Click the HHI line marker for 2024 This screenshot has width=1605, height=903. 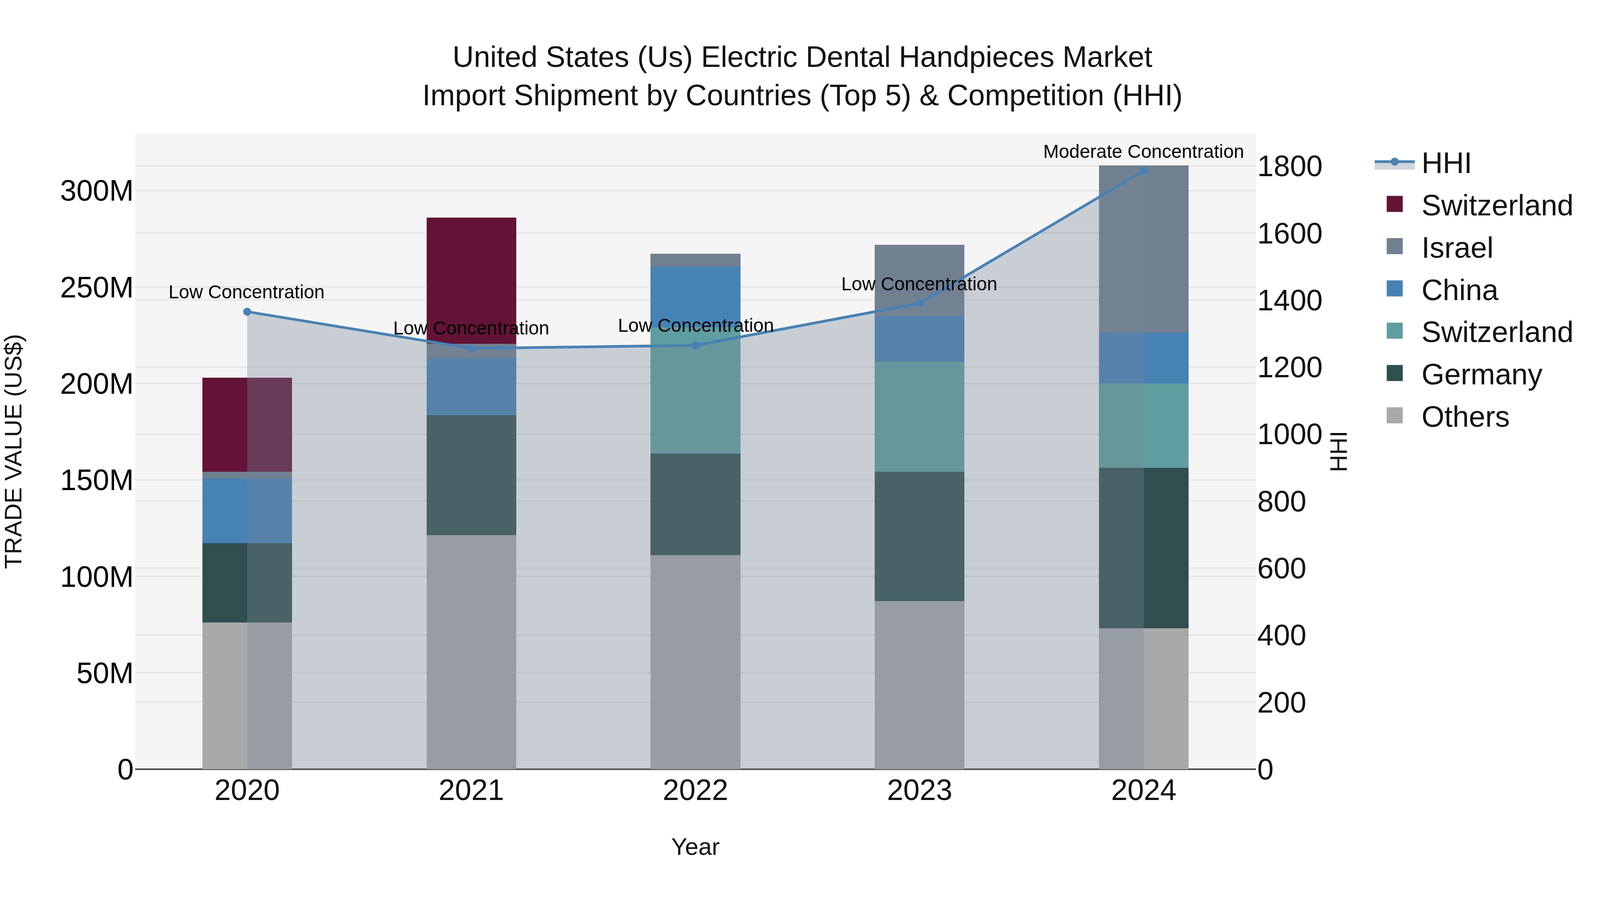(x=1143, y=170)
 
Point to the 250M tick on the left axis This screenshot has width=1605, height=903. (x=97, y=288)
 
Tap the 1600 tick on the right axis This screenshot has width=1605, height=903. (x=1289, y=234)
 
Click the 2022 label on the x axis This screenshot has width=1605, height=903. (x=695, y=791)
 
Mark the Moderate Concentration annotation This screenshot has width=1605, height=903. (x=1143, y=152)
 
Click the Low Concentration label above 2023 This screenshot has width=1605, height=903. (x=918, y=284)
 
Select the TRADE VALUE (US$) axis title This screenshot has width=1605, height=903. (x=14, y=451)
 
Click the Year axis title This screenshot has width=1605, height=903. (x=695, y=847)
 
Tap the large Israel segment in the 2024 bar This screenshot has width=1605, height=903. (x=1143, y=249)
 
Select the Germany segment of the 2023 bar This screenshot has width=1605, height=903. (x=919, y=536)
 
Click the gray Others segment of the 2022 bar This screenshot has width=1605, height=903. (x=695, y=660)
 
